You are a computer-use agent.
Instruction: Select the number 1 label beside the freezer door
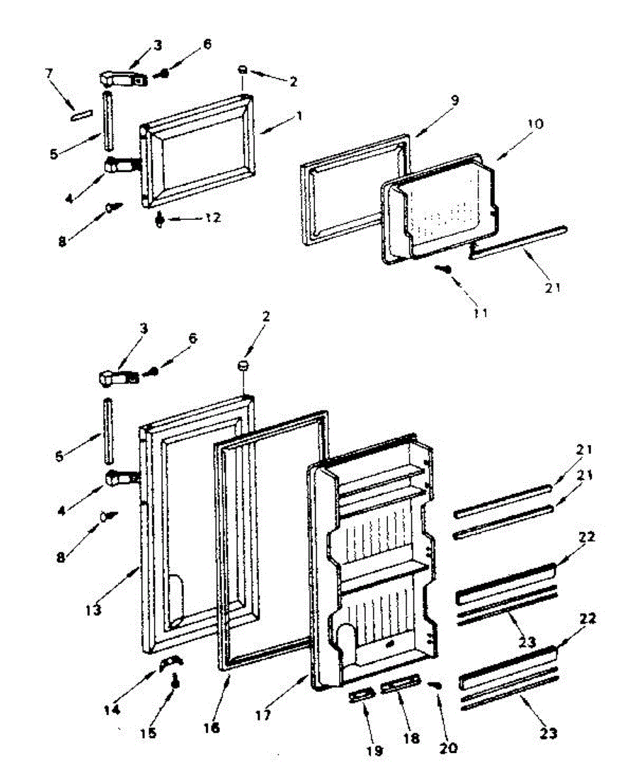(299, 116)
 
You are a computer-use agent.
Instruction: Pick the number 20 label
(449, 748)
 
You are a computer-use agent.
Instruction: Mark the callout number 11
(481, 313)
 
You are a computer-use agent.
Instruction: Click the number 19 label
(374, 751)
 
